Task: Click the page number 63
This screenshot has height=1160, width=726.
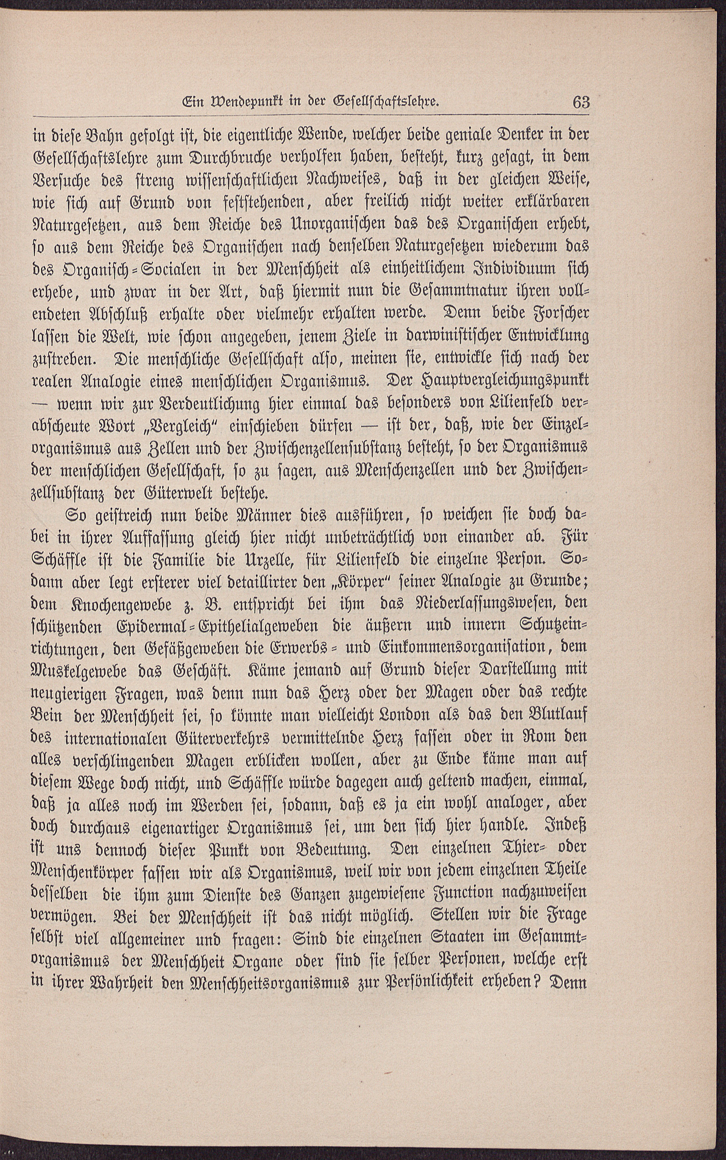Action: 580,102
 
